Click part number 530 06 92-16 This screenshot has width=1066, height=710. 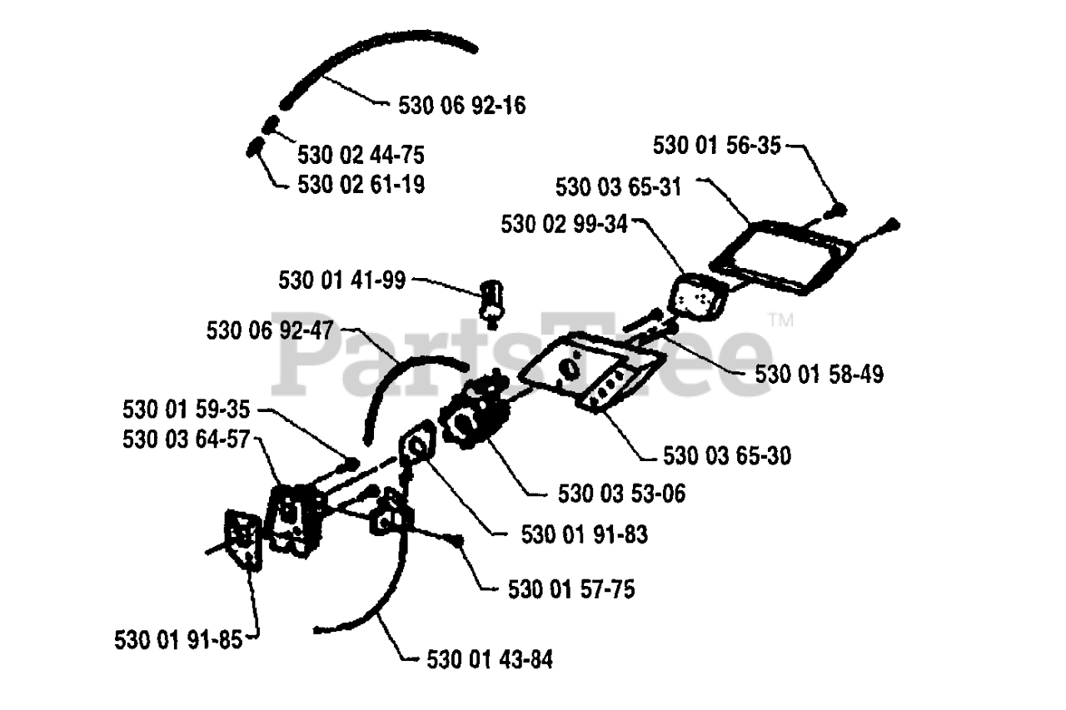pos(462,106)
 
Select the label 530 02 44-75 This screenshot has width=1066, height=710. pos(361,155)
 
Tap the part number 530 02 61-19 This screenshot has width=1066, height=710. pos(361,184)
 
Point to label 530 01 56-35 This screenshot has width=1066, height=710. pos(717,146)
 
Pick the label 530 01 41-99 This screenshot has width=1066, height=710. pos(342,281)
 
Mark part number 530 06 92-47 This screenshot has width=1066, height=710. pos(270,330)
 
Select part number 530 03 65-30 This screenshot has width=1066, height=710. pos(727,455)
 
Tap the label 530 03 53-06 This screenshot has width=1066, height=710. pos(621,494)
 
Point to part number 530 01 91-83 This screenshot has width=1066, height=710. pos(584,534)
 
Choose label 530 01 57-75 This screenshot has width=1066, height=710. pos(570,589)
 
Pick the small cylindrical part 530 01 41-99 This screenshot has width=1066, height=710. pos(492,300)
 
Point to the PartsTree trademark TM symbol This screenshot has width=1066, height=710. pos(780,320)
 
